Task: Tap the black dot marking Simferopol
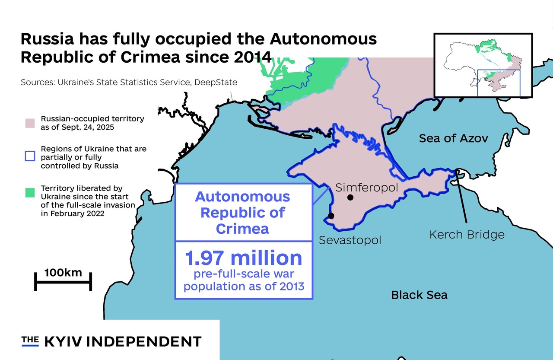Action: (x=350, y=198)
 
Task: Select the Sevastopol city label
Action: (x=350, y=240)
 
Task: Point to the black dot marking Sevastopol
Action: (x=331, y=216)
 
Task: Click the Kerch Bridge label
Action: (x=467, y=235)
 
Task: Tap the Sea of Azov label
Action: (x=453, y=138)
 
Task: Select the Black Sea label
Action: (x=419, y=295)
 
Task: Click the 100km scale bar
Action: (x=63, y=281)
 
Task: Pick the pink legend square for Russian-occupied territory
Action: (x=30, y=123)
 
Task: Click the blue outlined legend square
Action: (x=30, y=156)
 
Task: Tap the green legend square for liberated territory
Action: (x=30, y=193)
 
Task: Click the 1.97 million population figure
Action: (x=244, y=258)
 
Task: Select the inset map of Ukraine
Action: (x=483, y=65)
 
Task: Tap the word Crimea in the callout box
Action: (x=242, y=228)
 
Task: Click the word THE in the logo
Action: (x=30, y=340)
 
